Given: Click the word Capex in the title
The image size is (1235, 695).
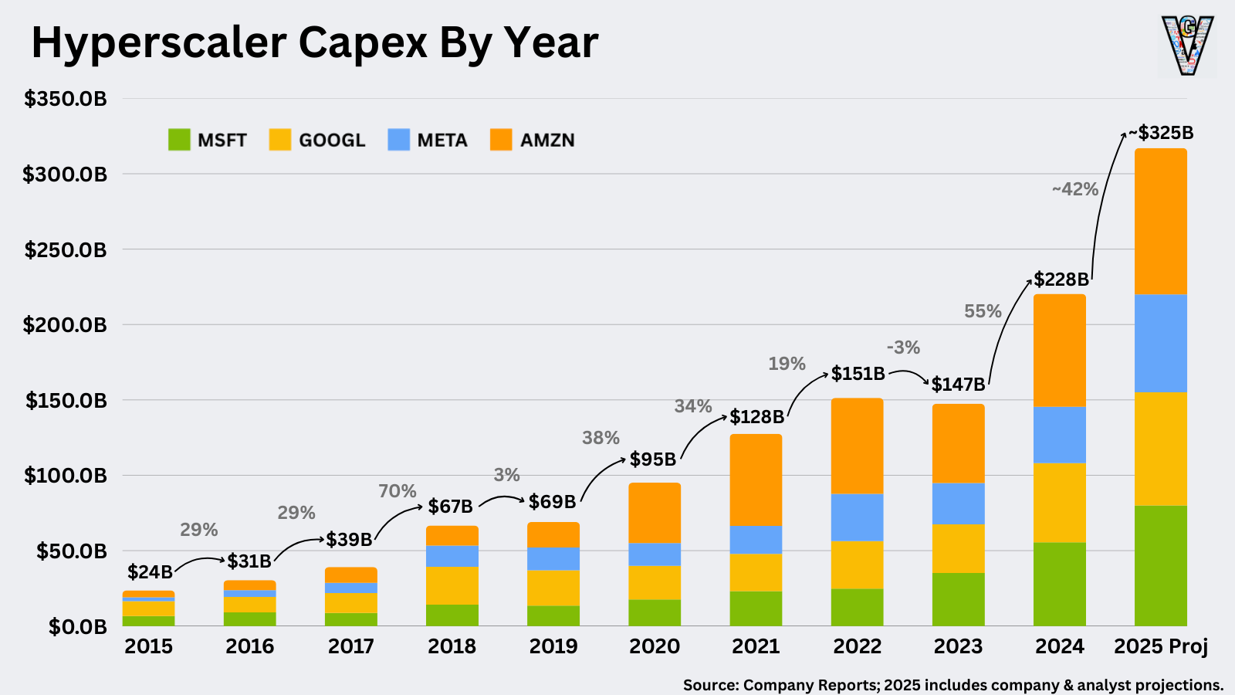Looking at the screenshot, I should [362, 42].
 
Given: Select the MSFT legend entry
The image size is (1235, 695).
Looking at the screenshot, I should [208, 140].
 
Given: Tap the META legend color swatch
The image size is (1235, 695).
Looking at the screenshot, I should [398, 140].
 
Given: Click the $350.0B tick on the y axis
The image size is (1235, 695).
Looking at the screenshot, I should [66, 99].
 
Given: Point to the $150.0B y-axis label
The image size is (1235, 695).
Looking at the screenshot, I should [66, 400].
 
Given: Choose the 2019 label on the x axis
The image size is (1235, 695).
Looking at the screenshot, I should [553, 646].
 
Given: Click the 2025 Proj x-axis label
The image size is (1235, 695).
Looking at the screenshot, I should [1160, 646].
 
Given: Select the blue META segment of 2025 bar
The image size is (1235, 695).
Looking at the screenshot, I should [1160, 344].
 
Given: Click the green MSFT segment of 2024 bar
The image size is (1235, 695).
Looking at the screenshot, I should [1059, 584].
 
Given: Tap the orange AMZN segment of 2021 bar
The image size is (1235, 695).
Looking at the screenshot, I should [756, 480].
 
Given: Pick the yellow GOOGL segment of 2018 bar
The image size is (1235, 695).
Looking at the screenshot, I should [452, 585].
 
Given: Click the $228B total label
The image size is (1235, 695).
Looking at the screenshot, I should [1061, 280].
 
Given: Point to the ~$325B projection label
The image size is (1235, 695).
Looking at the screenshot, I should [1161, 133].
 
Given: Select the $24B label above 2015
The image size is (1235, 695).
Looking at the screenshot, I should [150, 572].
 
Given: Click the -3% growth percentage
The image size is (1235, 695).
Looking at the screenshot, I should [903, 347].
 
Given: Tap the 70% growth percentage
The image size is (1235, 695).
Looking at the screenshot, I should [397, 491].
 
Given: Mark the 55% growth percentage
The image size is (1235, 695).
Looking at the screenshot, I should [983, 311].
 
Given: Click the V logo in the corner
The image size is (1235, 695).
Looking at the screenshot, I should [1187, 46].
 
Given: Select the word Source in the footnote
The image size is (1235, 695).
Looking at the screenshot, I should [710, 685].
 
